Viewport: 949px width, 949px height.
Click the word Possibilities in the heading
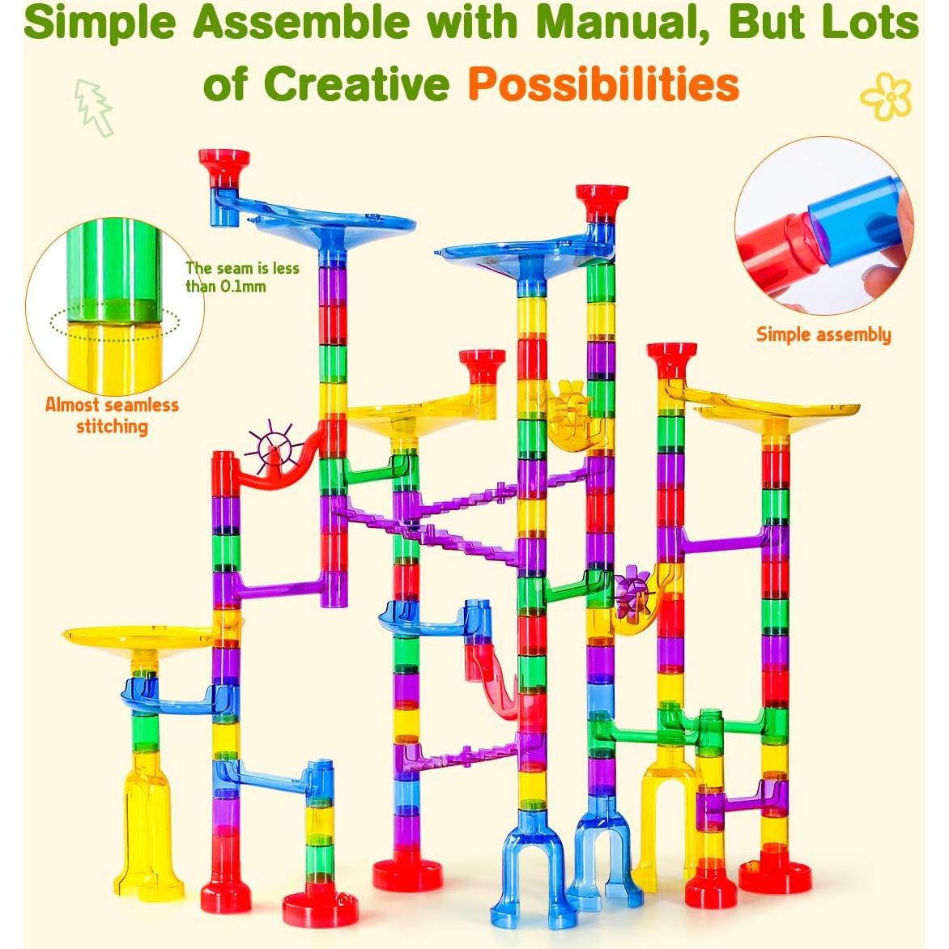pos(603,83)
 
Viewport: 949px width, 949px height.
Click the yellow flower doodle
pos(886,96)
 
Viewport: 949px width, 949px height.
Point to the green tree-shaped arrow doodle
pos(93,106)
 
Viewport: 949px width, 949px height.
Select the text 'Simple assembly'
pos(823,334)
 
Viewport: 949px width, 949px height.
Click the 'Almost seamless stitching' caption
pos(112,415)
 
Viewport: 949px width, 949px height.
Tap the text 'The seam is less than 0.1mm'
pos(241,276)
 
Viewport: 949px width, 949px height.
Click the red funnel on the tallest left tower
pos(224,164)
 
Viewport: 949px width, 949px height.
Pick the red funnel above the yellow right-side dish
pos(671,359)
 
